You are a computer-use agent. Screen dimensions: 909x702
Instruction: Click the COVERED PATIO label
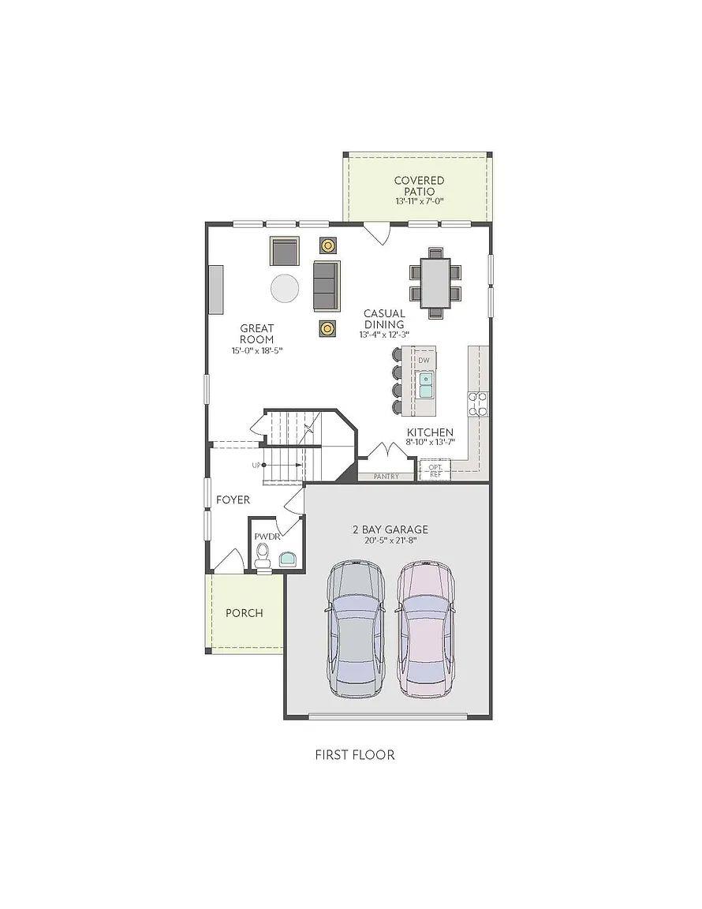pyautogui.click(x=419, y=186)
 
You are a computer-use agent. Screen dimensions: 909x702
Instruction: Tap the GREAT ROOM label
pyautogui.click(x=257, y=334)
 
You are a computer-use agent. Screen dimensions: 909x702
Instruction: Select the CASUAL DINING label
pyautogui.click(x=384, y=319)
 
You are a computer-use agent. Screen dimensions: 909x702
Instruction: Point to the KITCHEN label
pyautogui.click(x=430, y=432)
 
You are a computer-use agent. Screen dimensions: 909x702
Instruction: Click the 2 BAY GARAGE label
pyautogui.click(x=390, y=529)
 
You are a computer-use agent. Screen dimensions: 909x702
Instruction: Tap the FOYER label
pyautogui.click(x=233, y=499)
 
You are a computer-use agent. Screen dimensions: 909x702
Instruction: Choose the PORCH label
pyautogui.click(x=245, y=612)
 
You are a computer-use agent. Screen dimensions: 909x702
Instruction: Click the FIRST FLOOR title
pyautogui.click(x=355, y=754)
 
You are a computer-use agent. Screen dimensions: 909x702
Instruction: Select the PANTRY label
pyautogui.click(x=386, y=477)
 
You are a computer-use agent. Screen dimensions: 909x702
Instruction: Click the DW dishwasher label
pyautogui.click(x=424, y=361)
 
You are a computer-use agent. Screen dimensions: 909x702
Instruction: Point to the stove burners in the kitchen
pyautogui.click(x=478, y=403)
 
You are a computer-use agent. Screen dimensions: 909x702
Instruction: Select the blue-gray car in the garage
pyautogui.click(x=357, y=629)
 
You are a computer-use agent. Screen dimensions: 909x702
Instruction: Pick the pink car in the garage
pyautogui.click(x=426, y=629)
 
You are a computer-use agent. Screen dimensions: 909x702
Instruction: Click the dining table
pyautogui.click(x=435, y=283)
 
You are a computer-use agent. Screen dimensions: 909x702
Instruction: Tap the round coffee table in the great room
pyautogui.click(x=286, y=288)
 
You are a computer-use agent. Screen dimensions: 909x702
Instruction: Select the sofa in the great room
pyautogui.click(x=326, y=285)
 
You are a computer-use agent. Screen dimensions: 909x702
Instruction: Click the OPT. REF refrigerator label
pyautogui.click(x=435, y=470)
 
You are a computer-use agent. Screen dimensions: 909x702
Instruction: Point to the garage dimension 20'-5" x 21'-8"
pyautogui.click(x=390, y=541)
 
